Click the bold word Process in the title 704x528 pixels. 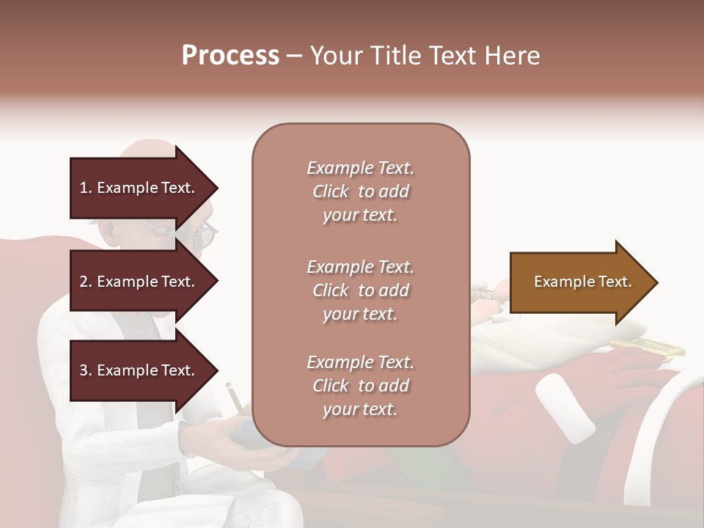coord(230,55)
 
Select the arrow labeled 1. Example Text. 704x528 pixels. coord(139,188)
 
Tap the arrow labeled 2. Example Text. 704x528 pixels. coord(139,282)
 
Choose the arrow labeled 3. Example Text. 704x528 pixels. coord(139,370)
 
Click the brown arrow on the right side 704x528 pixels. coord(579,282)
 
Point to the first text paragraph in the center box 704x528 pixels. coord(360,191)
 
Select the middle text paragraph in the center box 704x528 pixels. coord(360,290)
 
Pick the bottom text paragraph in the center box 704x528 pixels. coord(360,386)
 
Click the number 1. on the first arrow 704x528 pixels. coord(86,188)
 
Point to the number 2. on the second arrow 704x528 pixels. coord(86,282)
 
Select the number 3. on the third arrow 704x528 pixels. coord(86,370)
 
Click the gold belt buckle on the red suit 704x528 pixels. coord(646,348)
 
